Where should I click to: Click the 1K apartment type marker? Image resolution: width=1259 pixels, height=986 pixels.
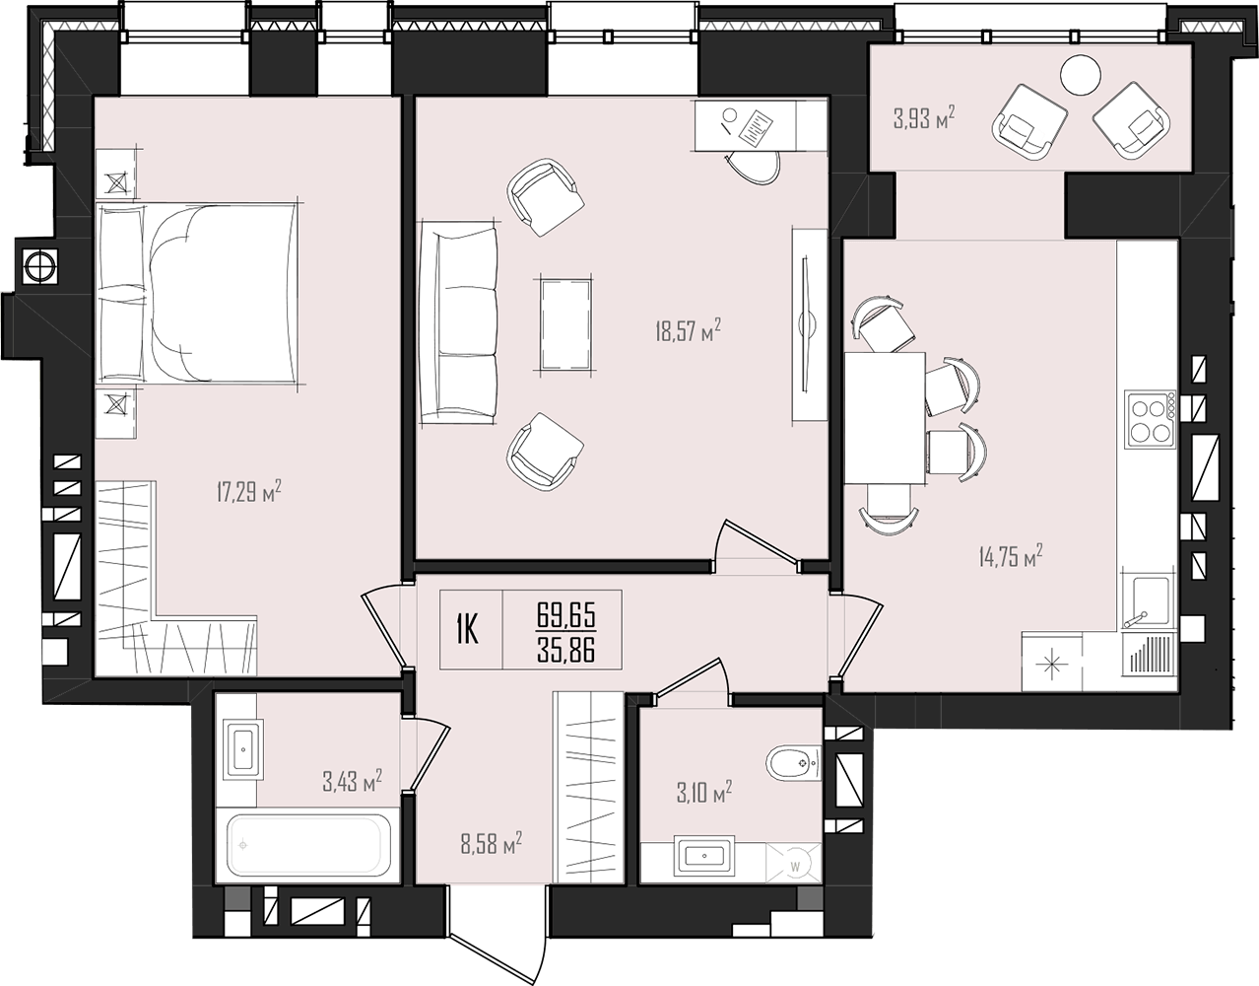coord(467,631)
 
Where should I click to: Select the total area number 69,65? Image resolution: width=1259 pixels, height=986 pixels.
coord(566,614)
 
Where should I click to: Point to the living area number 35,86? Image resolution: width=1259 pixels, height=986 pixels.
coord(566,651)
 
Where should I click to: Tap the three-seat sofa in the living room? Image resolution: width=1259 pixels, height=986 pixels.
coord(459,322)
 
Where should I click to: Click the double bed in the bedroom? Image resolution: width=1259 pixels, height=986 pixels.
coord(197,292)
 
